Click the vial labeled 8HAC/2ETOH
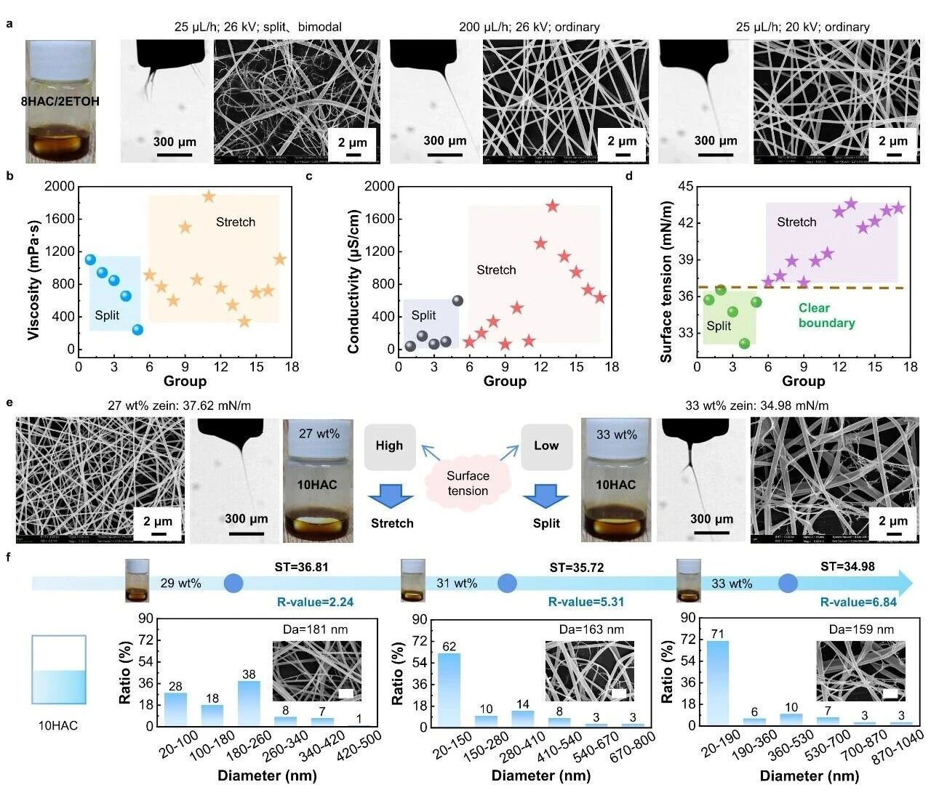point(60,101)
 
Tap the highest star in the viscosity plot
point(209,196)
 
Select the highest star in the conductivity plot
point(552,206)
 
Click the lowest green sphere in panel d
point(744,343)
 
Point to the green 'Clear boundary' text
point(826,315)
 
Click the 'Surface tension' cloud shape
point(468,483)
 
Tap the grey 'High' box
point(389,446)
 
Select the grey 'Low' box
point(546,446)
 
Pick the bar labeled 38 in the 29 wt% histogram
point(249,702)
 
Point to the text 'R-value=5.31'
point(586,602)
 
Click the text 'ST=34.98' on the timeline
point(847,566)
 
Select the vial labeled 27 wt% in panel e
point(318,480)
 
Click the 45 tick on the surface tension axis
point(684,187)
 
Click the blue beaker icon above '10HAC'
point(59,670)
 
